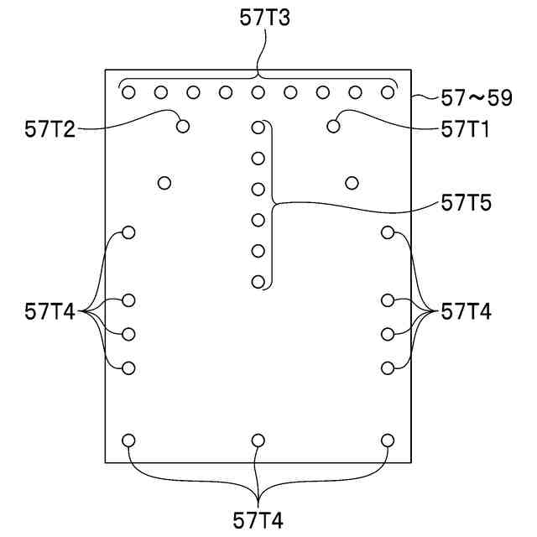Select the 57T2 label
(50, 129)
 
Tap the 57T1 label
(467, 129)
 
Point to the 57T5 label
(467, 202)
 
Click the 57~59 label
(477, 98)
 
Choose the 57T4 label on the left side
(50, 312)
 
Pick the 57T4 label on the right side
(467, 312)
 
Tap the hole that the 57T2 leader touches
(183, 127)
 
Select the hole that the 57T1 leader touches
(334, 127)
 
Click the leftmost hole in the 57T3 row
(129, 92)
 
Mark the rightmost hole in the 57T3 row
(388, 92)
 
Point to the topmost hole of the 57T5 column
(258, 128)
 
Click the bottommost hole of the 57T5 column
(258, 282)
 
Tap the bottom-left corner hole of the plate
(129, 440)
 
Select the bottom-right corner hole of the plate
(388, 440)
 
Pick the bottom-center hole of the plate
(258, 440)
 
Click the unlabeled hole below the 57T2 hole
(164, 182)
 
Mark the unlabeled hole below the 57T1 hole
(352, 182)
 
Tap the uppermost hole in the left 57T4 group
(129, 232)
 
